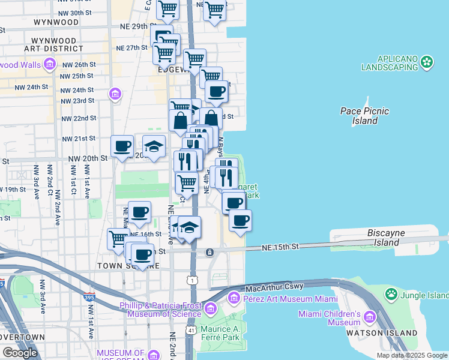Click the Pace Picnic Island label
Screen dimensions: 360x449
[364, 116]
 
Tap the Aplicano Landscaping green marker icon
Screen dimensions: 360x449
[427, 61]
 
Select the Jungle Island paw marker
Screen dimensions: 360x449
[392, 294]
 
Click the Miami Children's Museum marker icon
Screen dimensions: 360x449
[369, 317]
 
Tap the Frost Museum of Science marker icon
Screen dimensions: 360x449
[210, 309]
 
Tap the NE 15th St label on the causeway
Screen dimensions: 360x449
[280, 247]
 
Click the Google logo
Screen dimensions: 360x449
[20, 353]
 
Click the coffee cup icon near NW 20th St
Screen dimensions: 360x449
[122, 146]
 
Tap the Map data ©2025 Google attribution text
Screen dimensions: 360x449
[412, 355]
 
